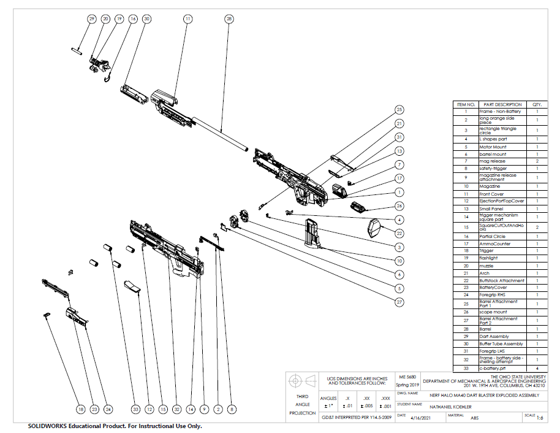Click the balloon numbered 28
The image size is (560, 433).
(x=229, y=19)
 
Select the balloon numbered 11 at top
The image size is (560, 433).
(x=188, y=19)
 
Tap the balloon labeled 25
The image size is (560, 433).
(x=399, y=110)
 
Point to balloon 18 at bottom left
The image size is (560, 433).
(x=80, y=409)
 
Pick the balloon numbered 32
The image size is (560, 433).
(x=176, y=409)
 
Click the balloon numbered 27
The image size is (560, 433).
(x=399, y=302)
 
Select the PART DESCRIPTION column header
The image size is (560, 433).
(x=502, y=104)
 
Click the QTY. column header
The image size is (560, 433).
(x=537, y=104)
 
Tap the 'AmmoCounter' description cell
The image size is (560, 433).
(x=494, y=243)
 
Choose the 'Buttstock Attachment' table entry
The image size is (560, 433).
(x=501, y=280)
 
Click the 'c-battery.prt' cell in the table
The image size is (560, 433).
(x=493, y=368)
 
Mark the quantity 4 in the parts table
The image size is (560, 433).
(x=537, y=368)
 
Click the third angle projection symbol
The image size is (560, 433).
(x=301, y=378)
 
